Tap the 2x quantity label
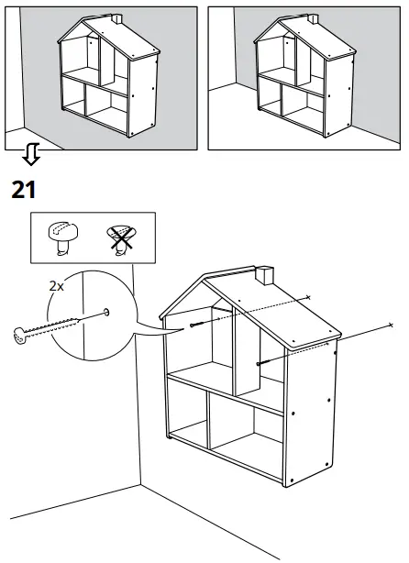pos(57,285)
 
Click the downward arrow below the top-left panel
pos(30,156)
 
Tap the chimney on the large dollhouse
pos(264,274)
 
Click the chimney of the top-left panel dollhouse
pos(116,19)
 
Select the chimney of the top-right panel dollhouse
pos(312,19)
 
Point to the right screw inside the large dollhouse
pos(263,363)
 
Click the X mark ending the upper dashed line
pos(309,298)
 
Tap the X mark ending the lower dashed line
pos(391,325)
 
